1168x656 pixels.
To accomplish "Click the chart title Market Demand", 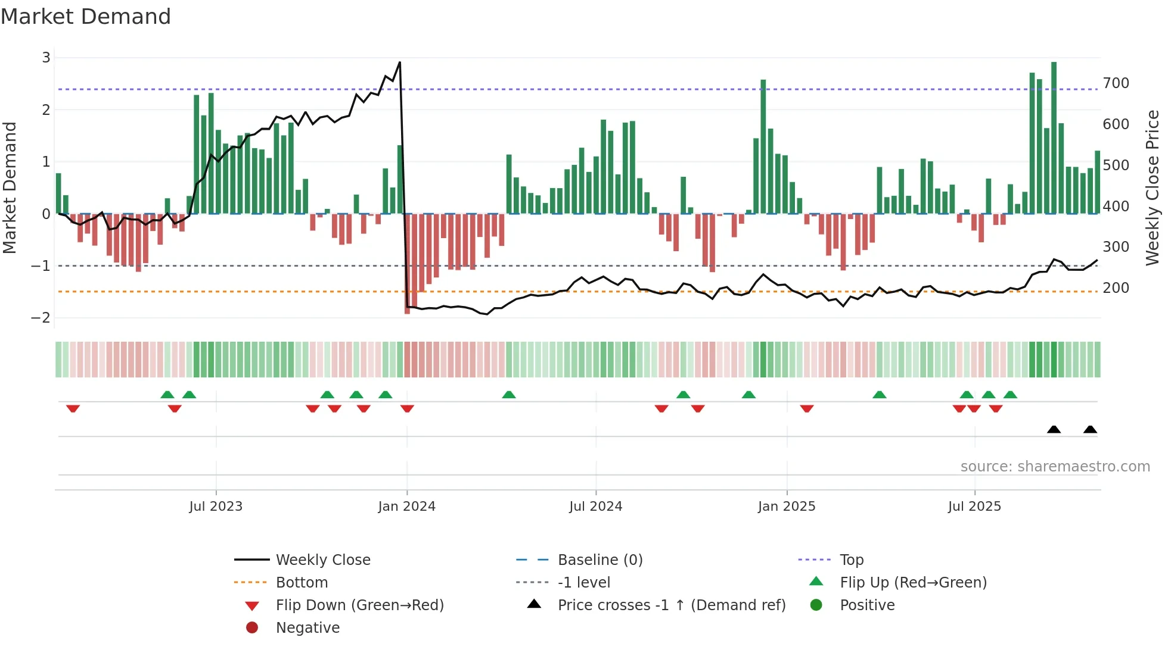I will pos(86,17).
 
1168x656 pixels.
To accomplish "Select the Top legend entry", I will pos(851,560).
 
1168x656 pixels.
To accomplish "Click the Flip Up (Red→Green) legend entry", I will pos(913,583).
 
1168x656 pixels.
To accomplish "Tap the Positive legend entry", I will pos(867,605).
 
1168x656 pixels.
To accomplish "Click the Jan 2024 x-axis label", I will pos(406,507).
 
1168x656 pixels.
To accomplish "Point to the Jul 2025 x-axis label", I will pos(974,507).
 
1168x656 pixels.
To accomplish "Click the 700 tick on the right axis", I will pos(1116,83).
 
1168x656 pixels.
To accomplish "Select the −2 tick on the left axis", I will pos(41,318).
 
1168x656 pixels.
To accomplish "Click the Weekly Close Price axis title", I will pos(1153,188).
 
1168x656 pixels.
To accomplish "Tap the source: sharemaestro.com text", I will pos(1055,467).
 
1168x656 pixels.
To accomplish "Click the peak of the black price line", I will pos(399,63).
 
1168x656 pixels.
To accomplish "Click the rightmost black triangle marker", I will pos(1090,430).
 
